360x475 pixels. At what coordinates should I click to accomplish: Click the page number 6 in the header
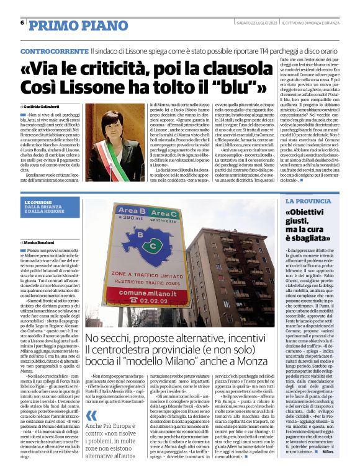(22, 23)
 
